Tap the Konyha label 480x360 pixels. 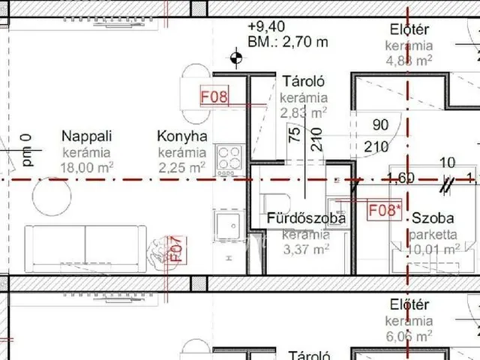coord(182,136)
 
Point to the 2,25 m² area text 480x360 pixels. coord(181,167)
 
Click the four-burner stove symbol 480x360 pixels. coord(228,157)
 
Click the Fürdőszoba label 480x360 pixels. coord(307,219)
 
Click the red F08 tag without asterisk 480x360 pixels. coord(213,97)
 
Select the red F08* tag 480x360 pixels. coord(384,210)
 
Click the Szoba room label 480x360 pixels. coord(432,219)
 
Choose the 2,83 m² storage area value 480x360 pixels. coord(303,112)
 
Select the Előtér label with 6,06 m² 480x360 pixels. coord(409,305)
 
